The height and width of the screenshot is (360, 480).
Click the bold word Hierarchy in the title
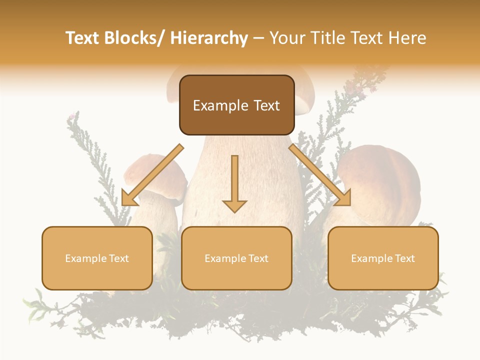pos(209,38)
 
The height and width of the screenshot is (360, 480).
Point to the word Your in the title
pos(287,38)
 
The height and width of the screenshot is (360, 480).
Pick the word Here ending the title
pos(407,38)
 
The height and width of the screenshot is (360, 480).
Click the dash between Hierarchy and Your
pos(258,39)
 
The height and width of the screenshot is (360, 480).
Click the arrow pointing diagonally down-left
pos(151,175)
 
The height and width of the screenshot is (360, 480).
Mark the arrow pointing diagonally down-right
pos(320,175)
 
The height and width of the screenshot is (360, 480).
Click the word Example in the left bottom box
pos(85,258)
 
